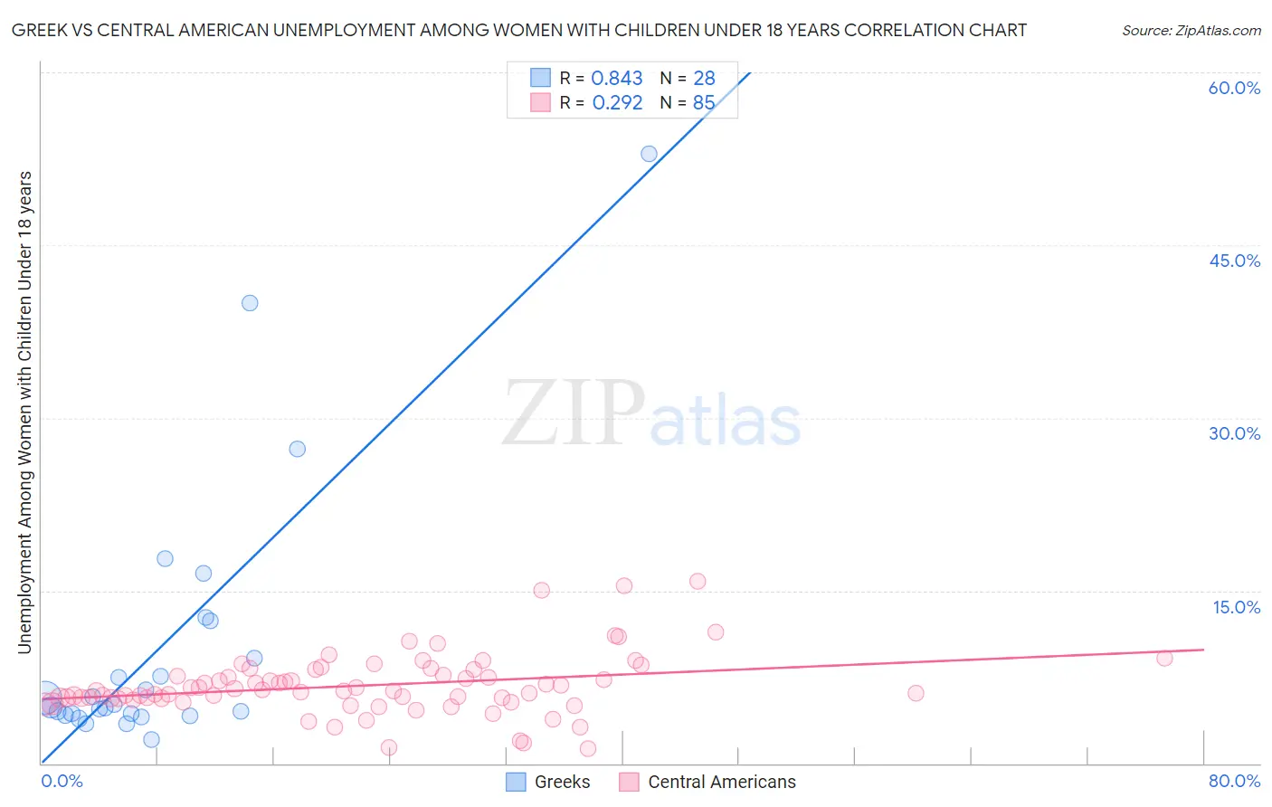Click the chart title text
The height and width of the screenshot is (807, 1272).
(518, 30)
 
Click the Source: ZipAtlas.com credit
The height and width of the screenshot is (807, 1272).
(1191, 30)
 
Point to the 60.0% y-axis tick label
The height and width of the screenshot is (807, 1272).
(1234, 88)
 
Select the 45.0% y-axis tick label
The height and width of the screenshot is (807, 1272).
(1234, 261)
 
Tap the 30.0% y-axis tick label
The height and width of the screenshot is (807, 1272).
(1234, 433)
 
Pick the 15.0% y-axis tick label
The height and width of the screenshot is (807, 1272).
(1236, 607)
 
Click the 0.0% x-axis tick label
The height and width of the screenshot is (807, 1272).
(62, 781)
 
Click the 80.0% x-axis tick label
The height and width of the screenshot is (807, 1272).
(1234, 781)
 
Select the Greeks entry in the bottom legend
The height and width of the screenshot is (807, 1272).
(548, 782)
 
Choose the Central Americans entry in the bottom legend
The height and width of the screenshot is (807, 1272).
(708, 782)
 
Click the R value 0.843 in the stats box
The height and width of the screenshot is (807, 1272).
(616, 79)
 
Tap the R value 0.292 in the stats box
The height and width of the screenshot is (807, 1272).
(617, 103)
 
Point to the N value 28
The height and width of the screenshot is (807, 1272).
(704, 79)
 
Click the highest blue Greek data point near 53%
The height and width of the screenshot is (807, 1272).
(649, 154)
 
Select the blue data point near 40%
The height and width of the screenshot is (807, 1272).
(250, 303)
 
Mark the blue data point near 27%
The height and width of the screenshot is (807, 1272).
(297, 449)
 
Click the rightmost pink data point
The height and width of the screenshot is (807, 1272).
(1164, 658)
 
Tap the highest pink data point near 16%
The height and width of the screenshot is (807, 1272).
(698, 581)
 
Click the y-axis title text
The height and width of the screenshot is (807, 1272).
(24, 412)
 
